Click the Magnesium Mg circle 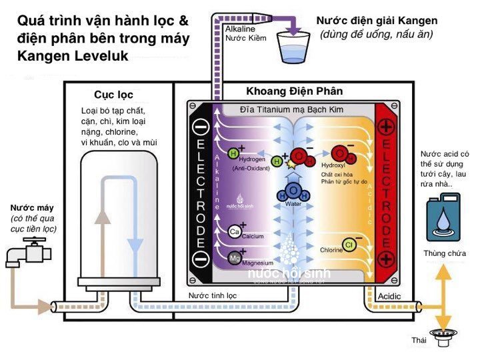(234, 258)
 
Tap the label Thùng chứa (444, 253)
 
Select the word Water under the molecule (293, 204)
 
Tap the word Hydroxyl (333, 164)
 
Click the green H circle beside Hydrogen (234, 153)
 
